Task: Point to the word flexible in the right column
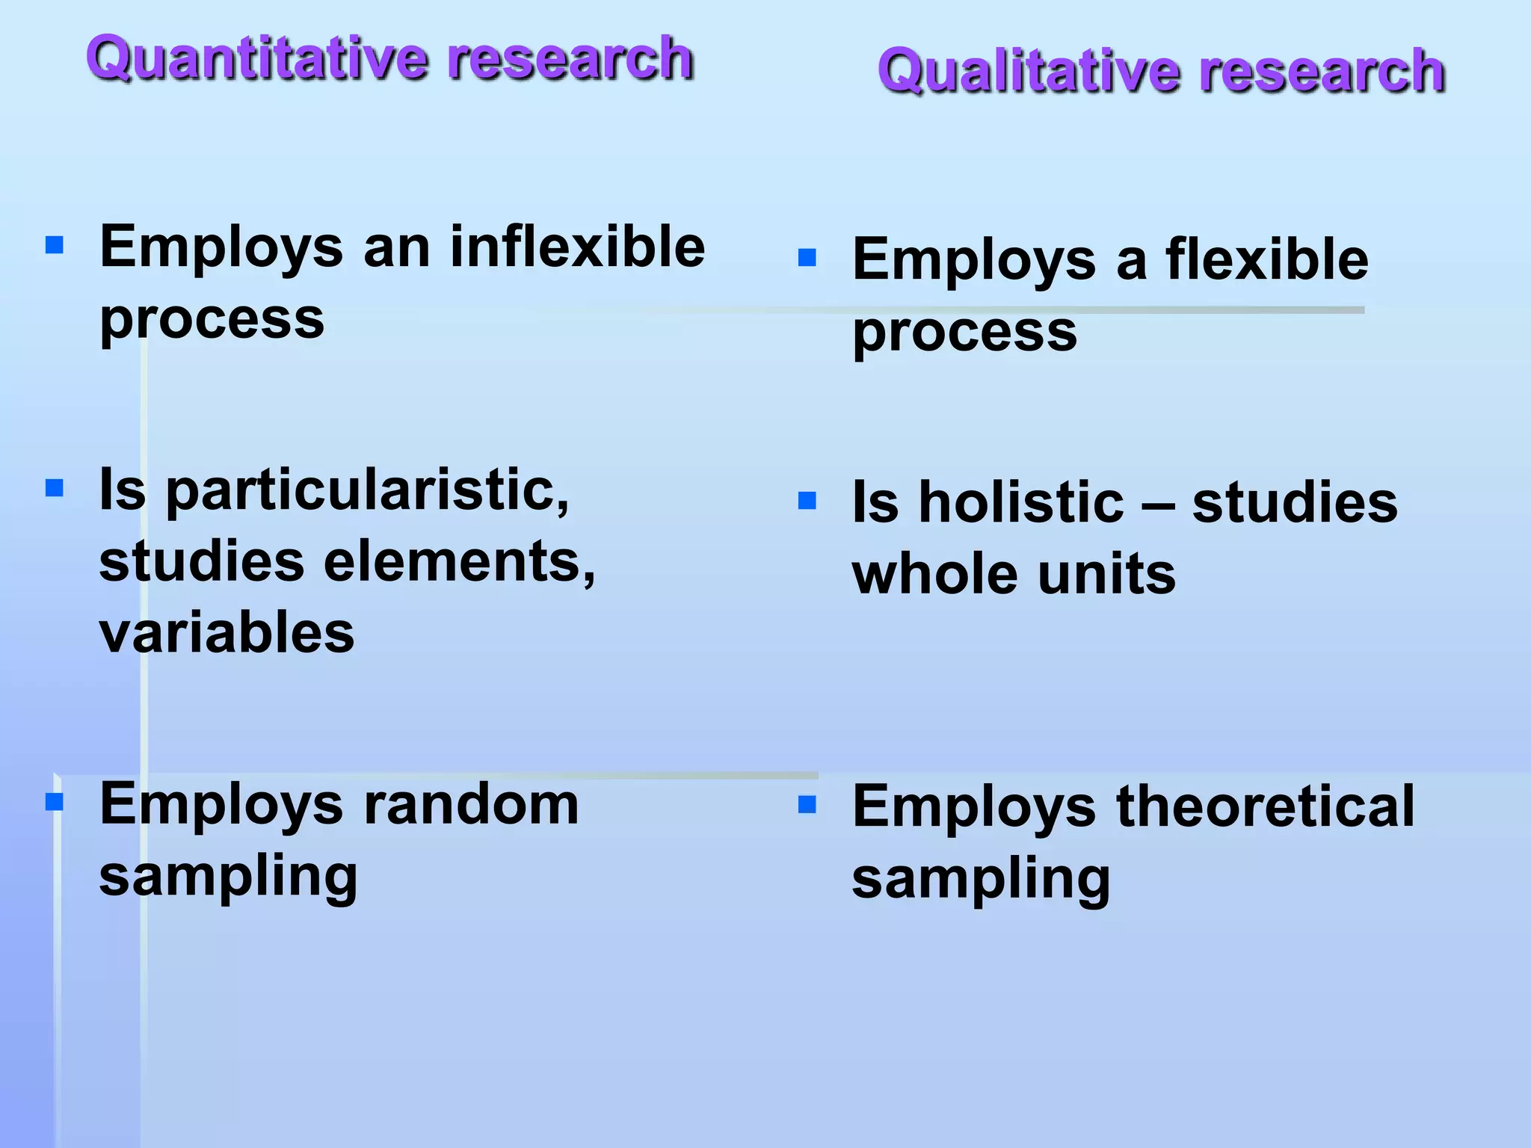[x=1267, y=259]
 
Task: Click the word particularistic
[x=366, y=492]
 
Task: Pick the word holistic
[x=1020, y=502]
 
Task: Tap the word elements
[x=458, y=562]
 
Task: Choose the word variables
[x=227, y=633]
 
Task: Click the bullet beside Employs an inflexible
[x=55, y=245]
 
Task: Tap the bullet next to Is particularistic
[x=55, y=489]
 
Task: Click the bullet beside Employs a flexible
[x=807, y=258]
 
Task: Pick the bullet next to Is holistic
[x=807, y=501]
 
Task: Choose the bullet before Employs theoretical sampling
[x=807, y=805]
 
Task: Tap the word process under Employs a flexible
[x=964, y=333]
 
